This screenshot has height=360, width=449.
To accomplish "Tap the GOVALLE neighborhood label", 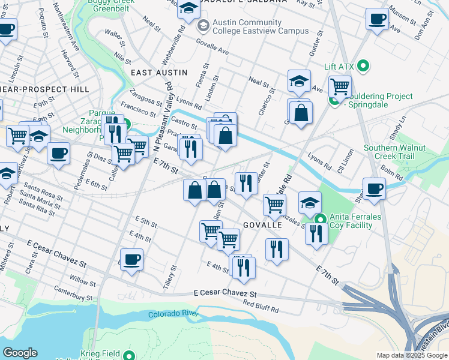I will (262, 224).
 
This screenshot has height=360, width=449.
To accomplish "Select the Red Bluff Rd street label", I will (261, 307).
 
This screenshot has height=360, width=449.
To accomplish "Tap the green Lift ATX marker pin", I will (363, 65).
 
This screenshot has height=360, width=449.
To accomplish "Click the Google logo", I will (20, 353).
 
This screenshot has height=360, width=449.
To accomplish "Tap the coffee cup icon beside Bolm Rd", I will (374, 188).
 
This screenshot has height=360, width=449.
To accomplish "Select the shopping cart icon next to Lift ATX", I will (340, 86).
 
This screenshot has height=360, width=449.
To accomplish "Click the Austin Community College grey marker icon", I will (203, 26).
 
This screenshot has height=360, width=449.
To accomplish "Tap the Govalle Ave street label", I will (213, 48).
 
